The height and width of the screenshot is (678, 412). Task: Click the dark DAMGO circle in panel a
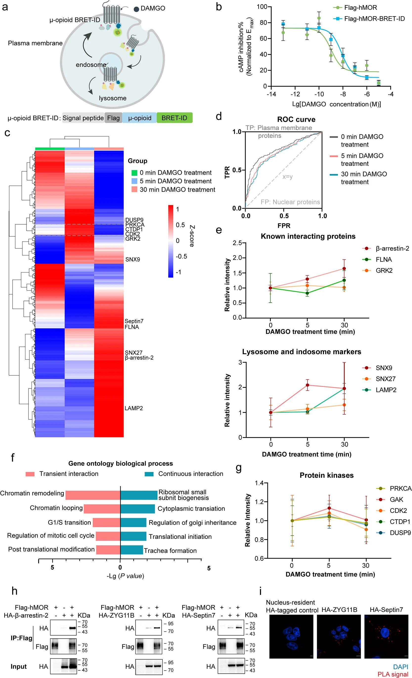136,9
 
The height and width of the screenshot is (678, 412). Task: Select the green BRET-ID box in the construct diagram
174,118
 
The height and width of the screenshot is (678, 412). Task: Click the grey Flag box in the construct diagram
113,118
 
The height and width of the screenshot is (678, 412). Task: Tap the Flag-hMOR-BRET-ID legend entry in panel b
374,19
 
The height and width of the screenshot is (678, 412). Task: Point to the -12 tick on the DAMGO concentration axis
295,94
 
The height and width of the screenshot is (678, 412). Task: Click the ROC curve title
296,119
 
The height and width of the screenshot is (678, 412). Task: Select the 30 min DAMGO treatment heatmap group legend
177,190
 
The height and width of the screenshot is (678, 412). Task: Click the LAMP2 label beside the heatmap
134,408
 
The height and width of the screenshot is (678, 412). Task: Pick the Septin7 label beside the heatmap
134,321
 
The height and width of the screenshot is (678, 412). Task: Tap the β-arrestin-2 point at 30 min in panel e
344,269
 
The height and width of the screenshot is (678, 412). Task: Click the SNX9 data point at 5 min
307,385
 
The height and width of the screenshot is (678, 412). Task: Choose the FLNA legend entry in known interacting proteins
383,259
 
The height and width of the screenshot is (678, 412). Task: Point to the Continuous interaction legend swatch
149,474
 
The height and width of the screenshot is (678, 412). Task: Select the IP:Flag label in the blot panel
22,638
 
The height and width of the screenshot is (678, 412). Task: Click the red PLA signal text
393,674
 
